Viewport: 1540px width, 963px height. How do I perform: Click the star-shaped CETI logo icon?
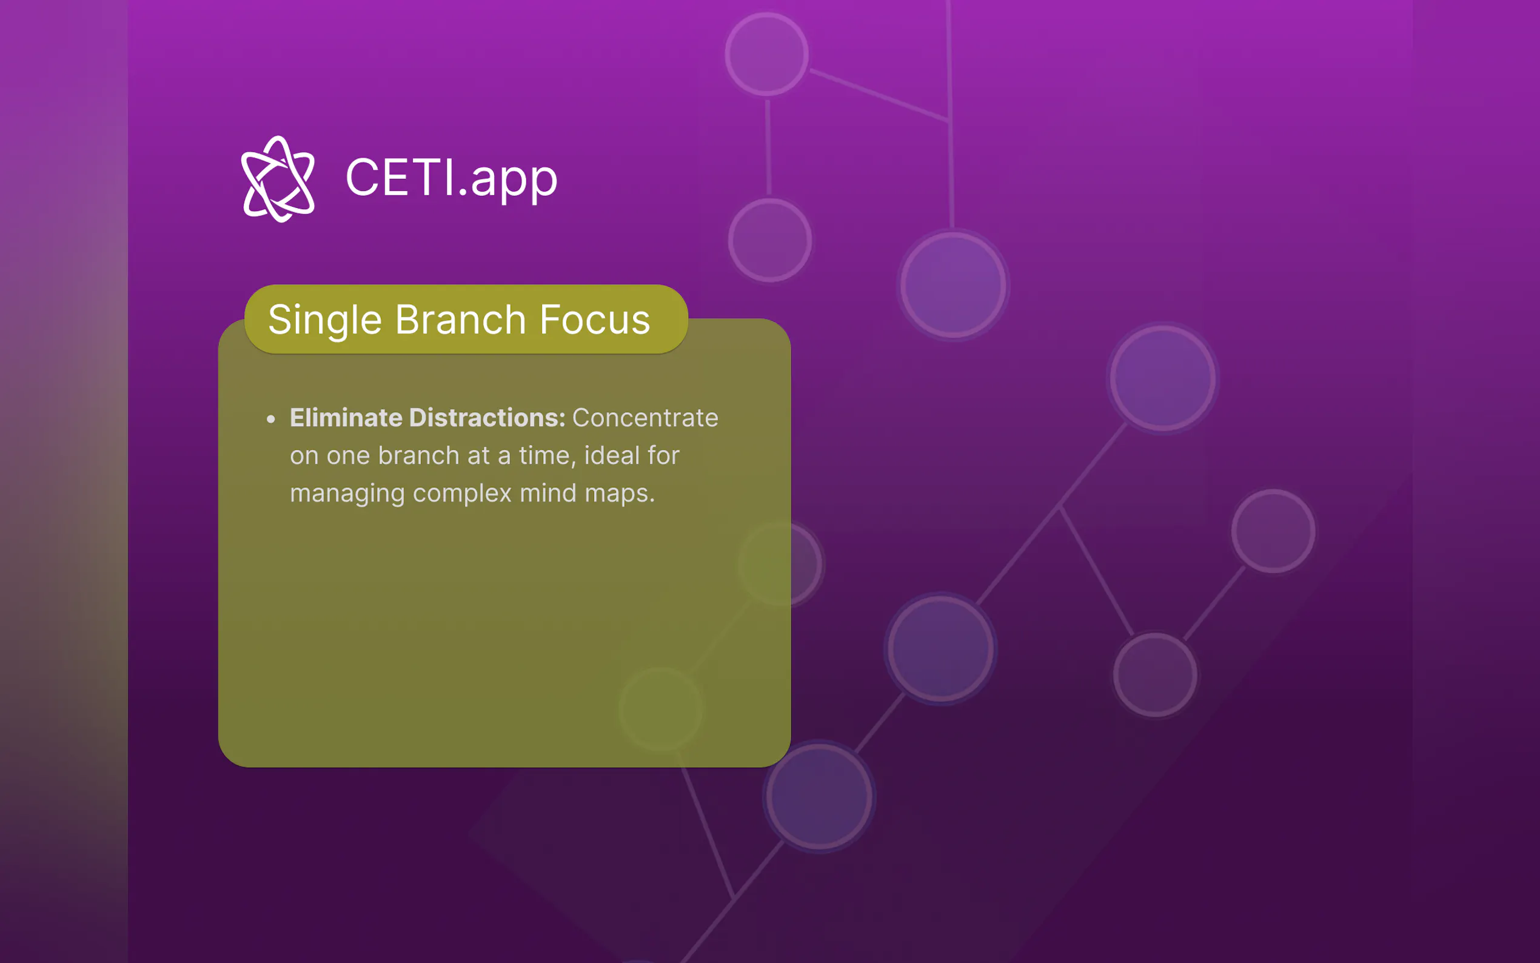(278, 179)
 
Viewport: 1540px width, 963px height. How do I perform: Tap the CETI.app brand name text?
(451, 178)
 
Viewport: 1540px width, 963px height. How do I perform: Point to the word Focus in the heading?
(595, 319)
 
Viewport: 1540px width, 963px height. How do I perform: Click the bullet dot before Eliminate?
(271, 419)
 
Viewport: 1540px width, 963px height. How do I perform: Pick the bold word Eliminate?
(346, 418)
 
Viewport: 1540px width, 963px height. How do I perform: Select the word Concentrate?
(645, 418)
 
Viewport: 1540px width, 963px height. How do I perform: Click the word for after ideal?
(663, 455)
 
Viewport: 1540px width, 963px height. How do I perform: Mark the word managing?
(347, 494)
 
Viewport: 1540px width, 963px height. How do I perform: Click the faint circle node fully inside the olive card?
(661, 709)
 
